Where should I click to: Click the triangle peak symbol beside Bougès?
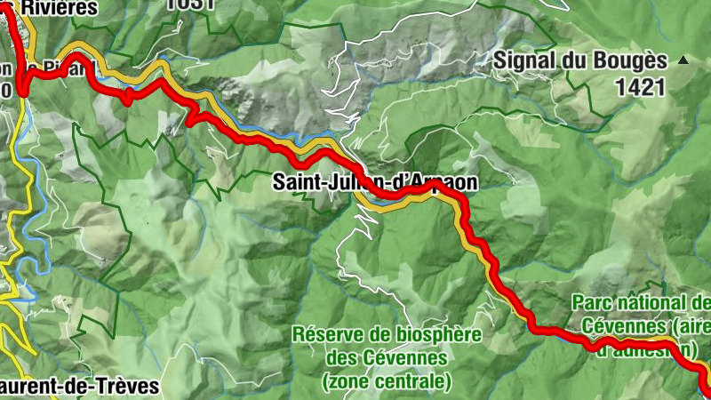pyautogui.click(x=683, y=60)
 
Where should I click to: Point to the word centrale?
pyautogui.click(x=416, y=382)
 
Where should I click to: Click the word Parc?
pyautogui.click(x=593, y=302)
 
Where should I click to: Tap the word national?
pyautogui.click(x=660, y=302)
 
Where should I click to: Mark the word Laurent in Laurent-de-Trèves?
pyautogui.click(x=36, y=387)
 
